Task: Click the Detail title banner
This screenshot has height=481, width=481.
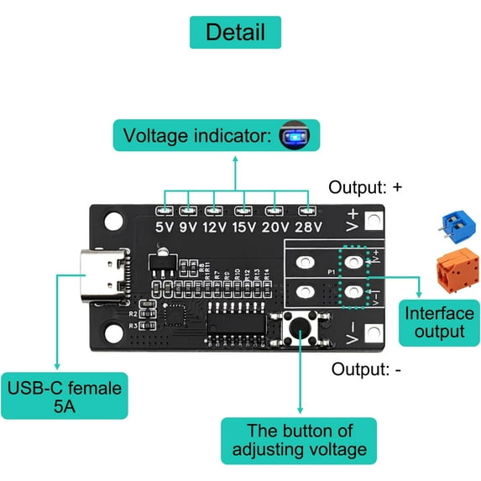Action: [x=235, y=33]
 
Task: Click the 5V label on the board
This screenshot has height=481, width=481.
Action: [x=164, y=226]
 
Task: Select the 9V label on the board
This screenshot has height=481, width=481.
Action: [x=188, y=226]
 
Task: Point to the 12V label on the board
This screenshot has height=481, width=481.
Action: [x=215, y=226]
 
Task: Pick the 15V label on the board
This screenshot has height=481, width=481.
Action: [x=245, y=226]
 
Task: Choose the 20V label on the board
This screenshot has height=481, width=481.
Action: [x=276, y=226]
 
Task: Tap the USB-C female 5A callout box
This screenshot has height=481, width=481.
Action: [x=65, y=396]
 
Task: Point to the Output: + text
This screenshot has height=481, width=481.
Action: [x=366, y=187]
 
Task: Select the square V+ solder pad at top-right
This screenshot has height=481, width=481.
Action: [x=374, y=222]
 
